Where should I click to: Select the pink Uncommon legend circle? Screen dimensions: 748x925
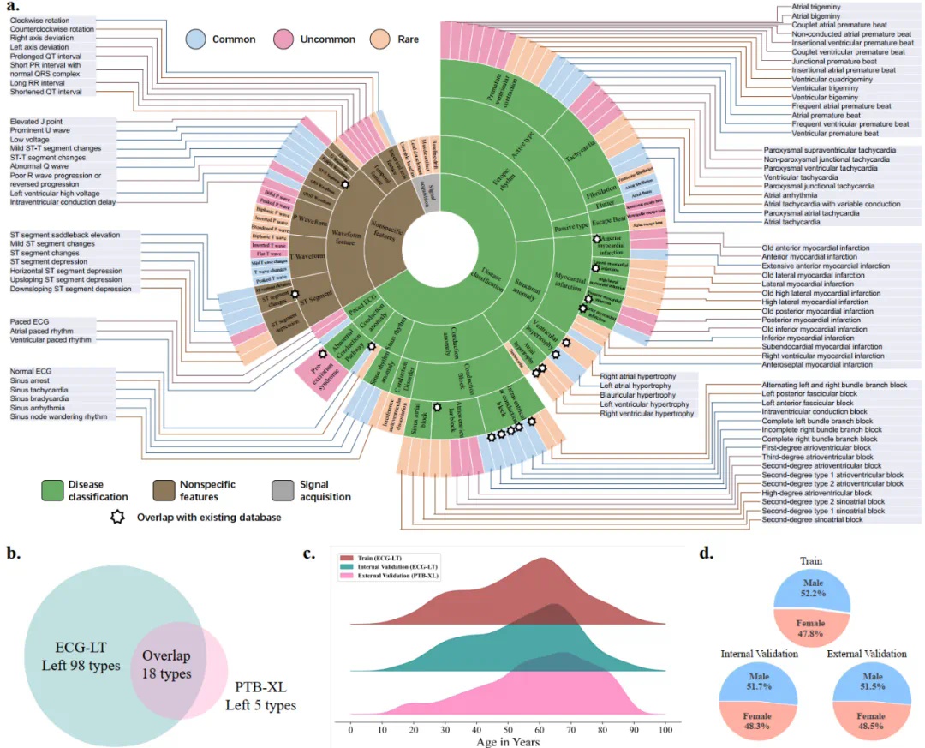283,39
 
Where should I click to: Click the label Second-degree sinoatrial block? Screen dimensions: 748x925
812,519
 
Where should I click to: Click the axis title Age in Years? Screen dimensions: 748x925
508,741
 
